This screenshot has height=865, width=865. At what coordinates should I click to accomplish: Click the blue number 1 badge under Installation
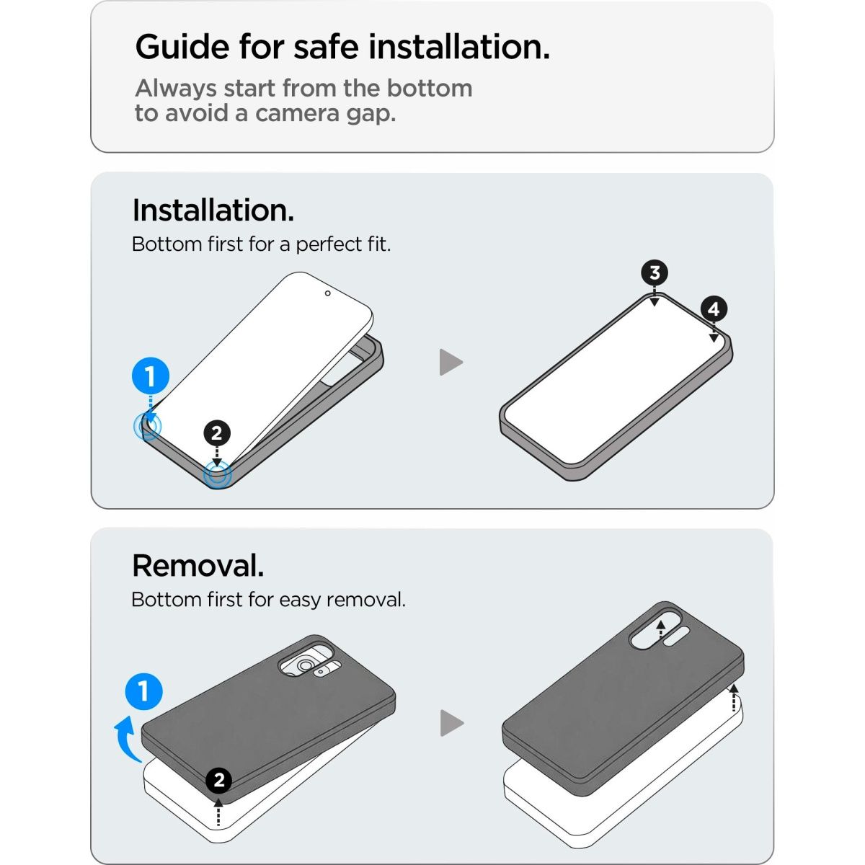[x=151, y=376]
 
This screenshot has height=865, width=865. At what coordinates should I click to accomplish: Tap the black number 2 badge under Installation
[x=217, y=433]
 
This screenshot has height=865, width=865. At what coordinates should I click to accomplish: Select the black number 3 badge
[x=655, y=273]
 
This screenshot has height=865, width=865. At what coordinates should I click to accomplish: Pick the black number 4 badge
[x=714, y=309]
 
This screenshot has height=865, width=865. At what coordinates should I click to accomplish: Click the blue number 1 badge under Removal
[x=143, y=691]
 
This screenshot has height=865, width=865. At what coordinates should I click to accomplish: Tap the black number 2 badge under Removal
[x=218, y=780]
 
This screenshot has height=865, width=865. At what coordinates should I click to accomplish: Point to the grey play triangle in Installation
[x=451, y=362]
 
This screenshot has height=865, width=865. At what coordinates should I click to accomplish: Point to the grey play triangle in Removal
[x=452, y=723]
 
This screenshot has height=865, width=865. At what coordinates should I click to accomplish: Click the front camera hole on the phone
[x=328, y=293]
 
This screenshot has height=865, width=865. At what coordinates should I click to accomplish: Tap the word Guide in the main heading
[x=182, y=47]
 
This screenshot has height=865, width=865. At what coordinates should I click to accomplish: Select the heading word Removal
[x=198, y=566]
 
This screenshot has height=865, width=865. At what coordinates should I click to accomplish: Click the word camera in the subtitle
[x=297, y=113]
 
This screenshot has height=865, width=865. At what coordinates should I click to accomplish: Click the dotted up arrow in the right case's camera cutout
[x=660, y=630]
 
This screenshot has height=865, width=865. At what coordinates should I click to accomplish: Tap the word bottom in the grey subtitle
[x=430, y=89]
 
